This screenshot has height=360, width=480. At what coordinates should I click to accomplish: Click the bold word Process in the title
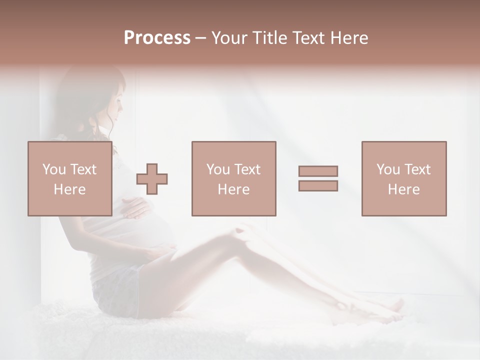coord(157,38)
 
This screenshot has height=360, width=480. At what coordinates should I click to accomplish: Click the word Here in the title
coord(349,38)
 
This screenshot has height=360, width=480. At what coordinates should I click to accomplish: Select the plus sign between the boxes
coord(152,179)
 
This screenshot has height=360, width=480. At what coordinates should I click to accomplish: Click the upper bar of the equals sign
coord(318,171)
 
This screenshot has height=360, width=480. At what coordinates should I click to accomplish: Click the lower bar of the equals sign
coord(318,186)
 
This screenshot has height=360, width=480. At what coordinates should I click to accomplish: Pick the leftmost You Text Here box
coord(69,178)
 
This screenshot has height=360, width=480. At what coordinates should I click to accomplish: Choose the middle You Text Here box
coord(233,178)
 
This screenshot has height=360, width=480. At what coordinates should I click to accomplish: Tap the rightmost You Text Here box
coord(403,178)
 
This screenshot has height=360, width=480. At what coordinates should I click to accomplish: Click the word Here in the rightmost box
coord(403,189)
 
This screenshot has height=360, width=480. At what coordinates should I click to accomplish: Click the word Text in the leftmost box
coord(83,169)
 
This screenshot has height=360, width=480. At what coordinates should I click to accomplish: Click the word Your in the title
coord(227,38)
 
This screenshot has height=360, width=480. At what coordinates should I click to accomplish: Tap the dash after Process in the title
coord(200,38)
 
